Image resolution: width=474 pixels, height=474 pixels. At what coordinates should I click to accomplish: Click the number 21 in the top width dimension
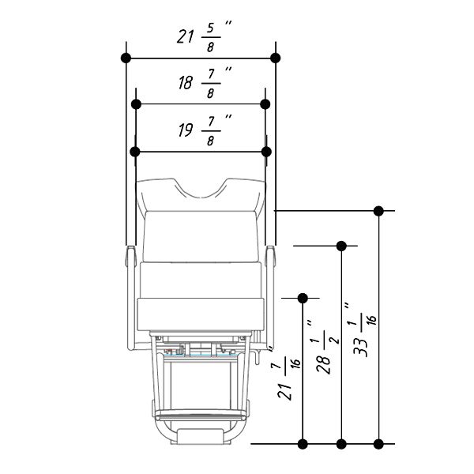185,37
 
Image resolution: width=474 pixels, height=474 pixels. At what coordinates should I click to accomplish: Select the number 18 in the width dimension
186,82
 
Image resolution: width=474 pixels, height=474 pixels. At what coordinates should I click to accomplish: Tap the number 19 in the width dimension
186,130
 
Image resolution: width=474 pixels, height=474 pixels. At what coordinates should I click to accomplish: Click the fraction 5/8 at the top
211,37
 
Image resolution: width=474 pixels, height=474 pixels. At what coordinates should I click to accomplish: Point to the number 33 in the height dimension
361,347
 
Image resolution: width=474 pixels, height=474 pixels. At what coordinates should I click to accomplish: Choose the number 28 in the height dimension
323,364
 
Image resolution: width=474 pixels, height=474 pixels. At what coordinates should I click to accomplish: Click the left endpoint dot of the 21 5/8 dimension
126,58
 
